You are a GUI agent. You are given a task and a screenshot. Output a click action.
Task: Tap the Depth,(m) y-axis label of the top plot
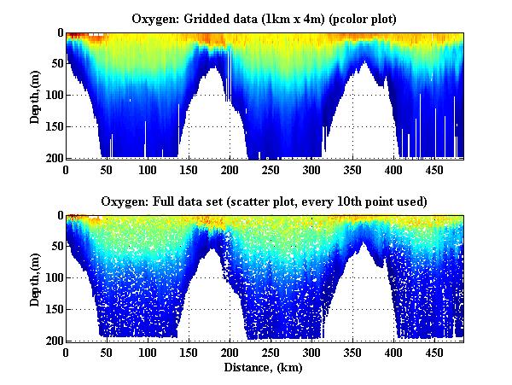click(35, 96)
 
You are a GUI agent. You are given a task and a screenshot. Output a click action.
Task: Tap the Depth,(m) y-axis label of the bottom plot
click(35, 278)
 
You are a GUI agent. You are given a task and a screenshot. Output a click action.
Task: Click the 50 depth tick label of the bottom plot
click(55, 248)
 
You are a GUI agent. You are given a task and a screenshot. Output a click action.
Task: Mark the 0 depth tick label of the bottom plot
click(59, 216)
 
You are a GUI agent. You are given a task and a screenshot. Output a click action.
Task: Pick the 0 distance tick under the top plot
click(66, 170)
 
